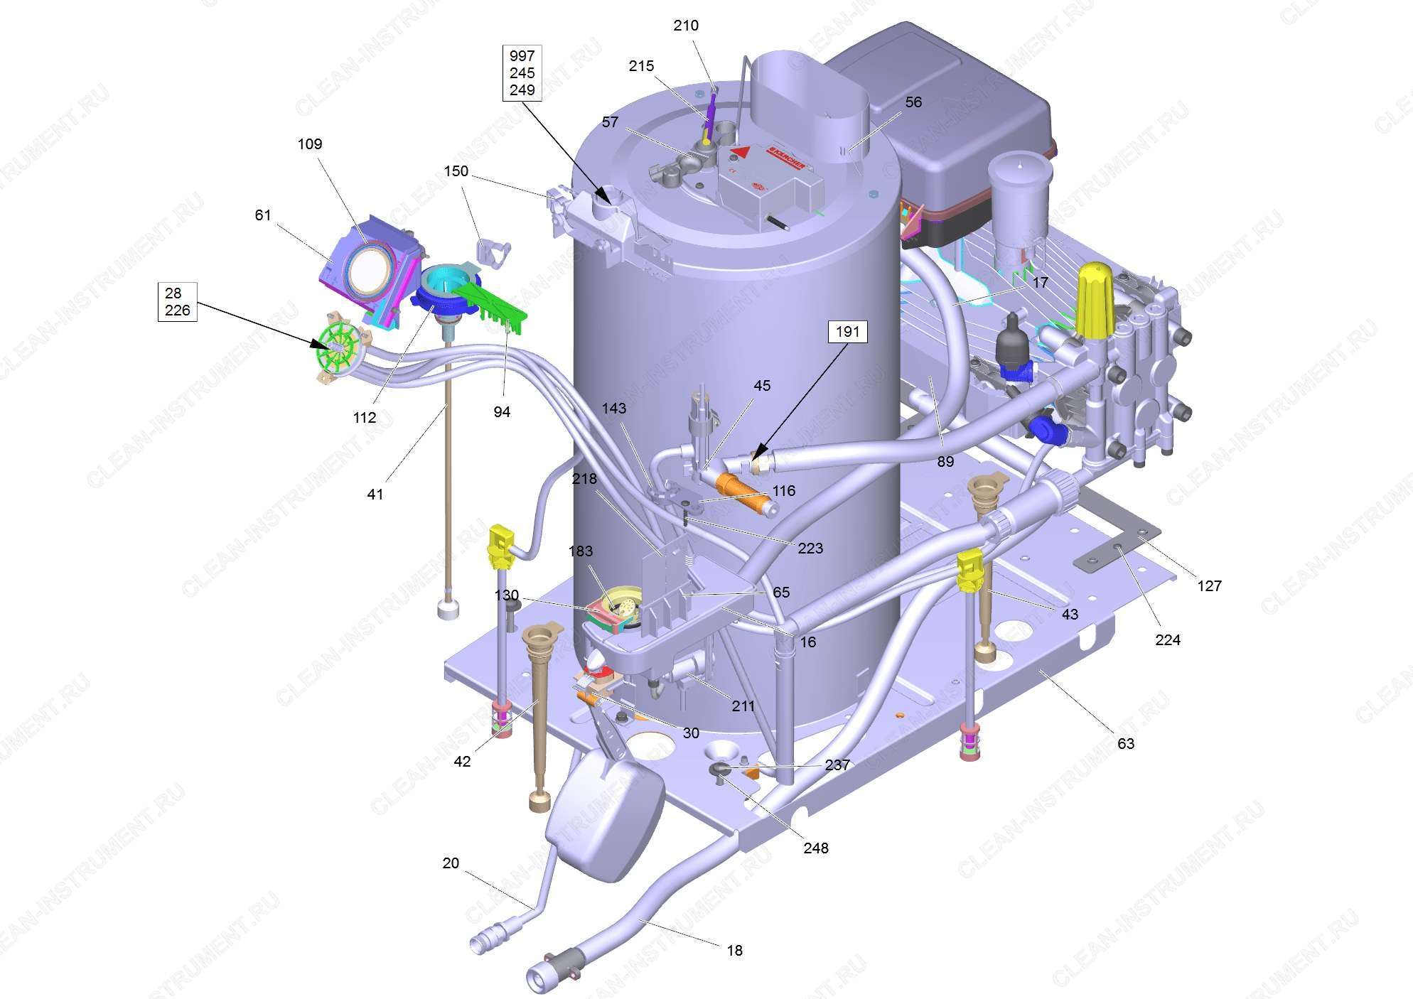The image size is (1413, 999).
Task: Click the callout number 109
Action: click(309, 144)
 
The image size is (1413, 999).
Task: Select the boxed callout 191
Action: click(847, 332)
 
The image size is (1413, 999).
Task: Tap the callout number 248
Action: click(816, 848)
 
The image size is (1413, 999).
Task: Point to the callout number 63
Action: click(1126, 743)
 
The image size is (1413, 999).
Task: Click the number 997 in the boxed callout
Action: click(522, 56)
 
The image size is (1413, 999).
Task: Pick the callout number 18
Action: click(734, 950)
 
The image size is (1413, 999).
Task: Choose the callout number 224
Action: click(1168, 639)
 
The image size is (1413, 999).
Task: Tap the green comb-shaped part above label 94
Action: click(490, 302)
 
